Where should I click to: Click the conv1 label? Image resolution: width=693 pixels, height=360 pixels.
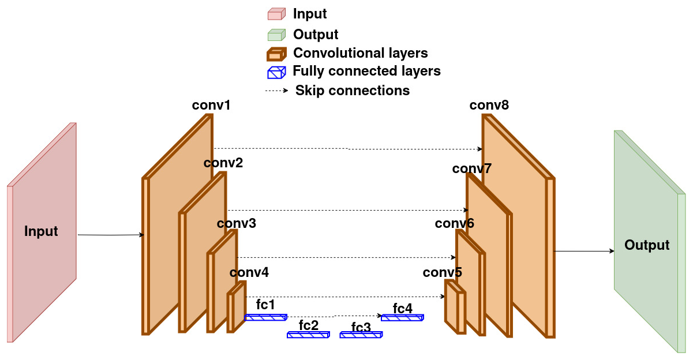[x=211, y=106]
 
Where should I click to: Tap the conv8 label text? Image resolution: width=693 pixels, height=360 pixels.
[x=489, y=106]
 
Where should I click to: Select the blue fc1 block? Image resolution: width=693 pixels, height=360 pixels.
[x=265, y=317]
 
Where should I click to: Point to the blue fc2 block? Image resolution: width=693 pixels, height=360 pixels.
[x=308, y=335]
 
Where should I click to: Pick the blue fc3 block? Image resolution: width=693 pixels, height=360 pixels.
[x=361, y=335]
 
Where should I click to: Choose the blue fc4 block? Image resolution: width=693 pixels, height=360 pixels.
[x=402, y=317]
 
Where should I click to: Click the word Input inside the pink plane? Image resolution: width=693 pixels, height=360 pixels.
[x=41, y=232]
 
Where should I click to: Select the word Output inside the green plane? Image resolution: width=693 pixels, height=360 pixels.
[x=647, y=245]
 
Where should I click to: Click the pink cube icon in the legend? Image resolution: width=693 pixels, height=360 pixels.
[x=276, y=14]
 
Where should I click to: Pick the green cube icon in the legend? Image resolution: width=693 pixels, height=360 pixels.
[x=276, y=35]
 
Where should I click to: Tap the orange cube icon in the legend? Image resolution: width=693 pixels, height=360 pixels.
[x=276, y=54]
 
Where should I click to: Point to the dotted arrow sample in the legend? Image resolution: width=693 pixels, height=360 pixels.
[x=276, y=91]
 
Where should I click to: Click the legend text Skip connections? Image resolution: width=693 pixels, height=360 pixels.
[x=352, y=91]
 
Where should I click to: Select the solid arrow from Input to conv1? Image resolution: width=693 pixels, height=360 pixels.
[x=110, y=235]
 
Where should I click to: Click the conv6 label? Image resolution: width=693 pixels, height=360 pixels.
[x=454, y=223]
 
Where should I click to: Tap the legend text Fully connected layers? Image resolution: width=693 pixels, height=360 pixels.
[x=366, y=71]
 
